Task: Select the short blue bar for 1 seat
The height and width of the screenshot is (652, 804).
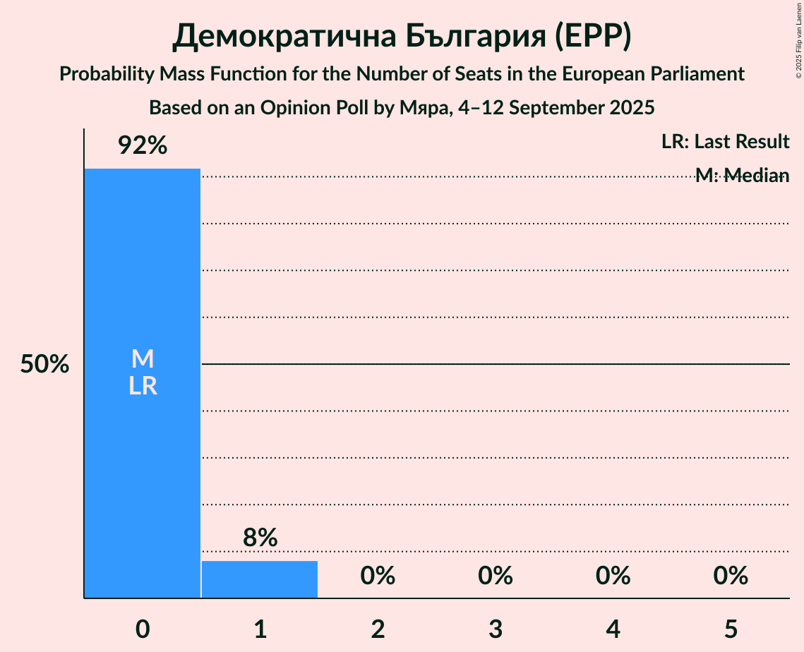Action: tap(260, 579)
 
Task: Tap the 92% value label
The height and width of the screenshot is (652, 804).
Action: tap(142, 146)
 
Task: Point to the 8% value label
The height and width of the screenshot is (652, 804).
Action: tap(260, 538)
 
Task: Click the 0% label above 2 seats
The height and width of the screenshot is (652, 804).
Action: tap(378, 576)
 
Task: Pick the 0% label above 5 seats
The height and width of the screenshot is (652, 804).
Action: tap(730, 576)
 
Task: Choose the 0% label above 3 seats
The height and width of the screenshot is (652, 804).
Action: tap(495, 576)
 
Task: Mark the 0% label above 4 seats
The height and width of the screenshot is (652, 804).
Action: tap(613, 576)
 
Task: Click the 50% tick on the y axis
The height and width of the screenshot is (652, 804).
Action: tap(44, 364)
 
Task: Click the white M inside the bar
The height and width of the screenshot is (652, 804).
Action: tap(143, 359)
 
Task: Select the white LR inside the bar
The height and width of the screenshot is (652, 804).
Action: tap(143, 386)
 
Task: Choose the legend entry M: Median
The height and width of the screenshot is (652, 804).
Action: tap(742, 176)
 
